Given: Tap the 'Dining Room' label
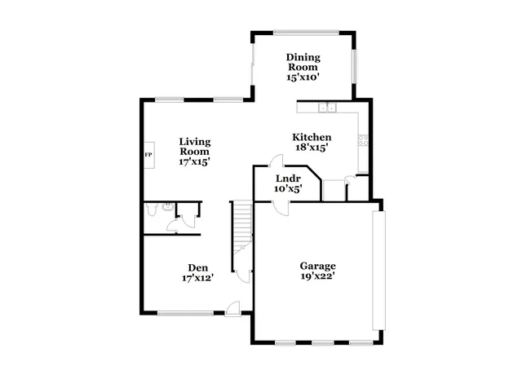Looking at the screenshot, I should tap(303, 62).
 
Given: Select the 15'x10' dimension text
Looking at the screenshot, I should tap(303, 77).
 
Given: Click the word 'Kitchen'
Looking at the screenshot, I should tap(312, 137).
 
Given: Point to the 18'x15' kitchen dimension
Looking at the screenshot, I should tap(312, 148).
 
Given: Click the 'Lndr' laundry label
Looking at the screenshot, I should tap(289, 178).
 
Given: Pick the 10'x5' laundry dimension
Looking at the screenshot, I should tap(289, 189).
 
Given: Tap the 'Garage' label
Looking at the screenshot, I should tap(318, 266).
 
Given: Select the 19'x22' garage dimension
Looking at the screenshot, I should tap(318, 277).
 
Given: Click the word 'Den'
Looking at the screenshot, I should tap(197, 267).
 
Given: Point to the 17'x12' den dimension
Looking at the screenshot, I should tap(197, 279).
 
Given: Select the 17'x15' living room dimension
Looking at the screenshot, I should tap(195, 161).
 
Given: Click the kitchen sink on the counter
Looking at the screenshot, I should tap(328, 107).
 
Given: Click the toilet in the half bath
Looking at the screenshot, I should tap(153, 210).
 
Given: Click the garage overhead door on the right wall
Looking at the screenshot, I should tap(378, 271).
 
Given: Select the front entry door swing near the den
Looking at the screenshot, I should tap(233, 308).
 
